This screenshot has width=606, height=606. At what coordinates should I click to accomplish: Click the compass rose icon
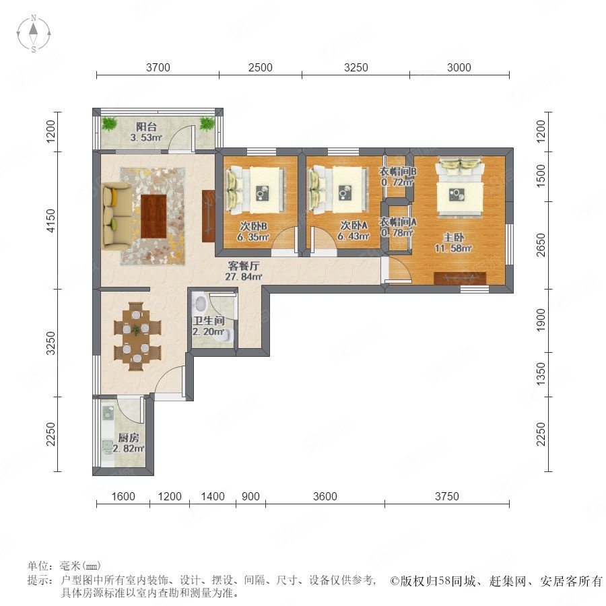(x=34, y=34)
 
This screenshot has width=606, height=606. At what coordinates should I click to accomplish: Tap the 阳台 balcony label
(x=147, y=127)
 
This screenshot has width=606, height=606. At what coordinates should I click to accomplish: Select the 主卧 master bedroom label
(x=453, y=237)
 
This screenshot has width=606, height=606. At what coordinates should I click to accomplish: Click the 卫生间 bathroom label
(x=209, y=321)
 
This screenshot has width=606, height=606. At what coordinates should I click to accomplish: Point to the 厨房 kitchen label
(x=129, y=438)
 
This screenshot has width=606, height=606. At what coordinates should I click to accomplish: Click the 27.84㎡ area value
(x=244, y=277)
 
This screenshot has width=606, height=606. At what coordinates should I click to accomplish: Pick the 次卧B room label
(x=253, y=226)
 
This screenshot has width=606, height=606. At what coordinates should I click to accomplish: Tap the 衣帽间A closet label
(x=398, y=222)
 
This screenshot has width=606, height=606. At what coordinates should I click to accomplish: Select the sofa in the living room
(x=116, y=216)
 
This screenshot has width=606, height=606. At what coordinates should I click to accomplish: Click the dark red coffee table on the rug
(x=154, y=216)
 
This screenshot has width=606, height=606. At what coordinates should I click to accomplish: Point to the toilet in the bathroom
(x=224, y=336)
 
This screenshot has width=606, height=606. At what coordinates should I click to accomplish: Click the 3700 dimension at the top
(x=158, y=67)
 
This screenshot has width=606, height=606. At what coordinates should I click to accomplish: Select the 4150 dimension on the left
(x=50, y=220)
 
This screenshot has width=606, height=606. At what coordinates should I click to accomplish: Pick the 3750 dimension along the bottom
(x=447, y=496)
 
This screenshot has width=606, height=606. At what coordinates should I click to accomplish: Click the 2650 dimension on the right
(x=541, y=245)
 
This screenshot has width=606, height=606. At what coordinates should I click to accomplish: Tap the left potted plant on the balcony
(x=109, y=124)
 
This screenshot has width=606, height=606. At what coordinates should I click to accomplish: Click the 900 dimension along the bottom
(x=250, y=496)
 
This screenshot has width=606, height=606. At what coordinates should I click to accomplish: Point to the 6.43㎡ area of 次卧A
(x=353, y=236)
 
